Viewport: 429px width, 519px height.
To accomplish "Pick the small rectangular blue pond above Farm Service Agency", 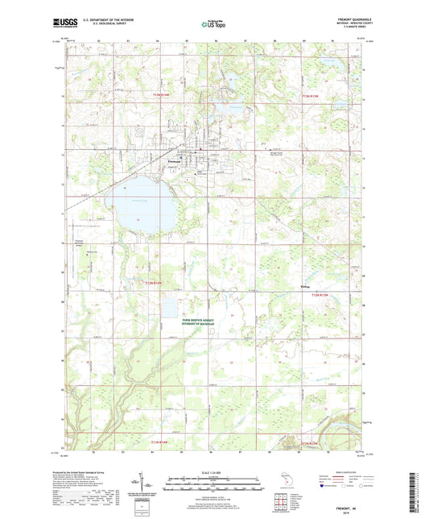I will pos(171,306).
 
